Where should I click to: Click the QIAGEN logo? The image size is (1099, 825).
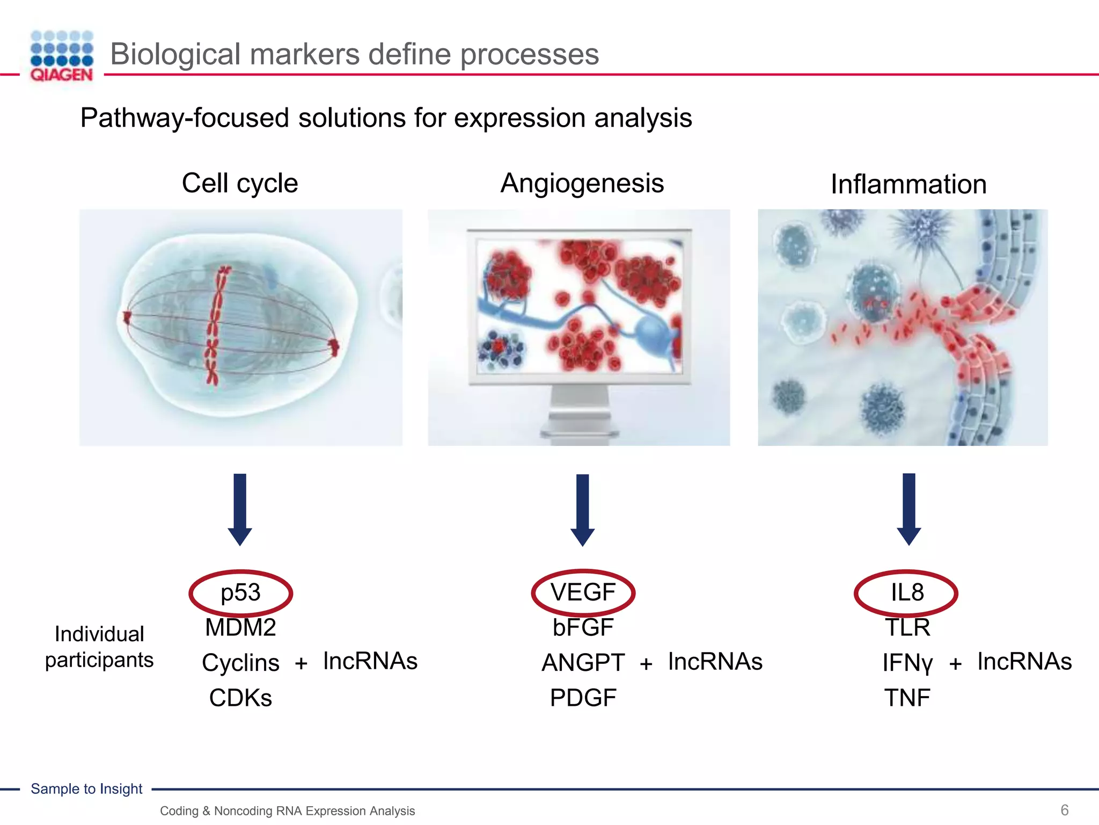coord(62,56)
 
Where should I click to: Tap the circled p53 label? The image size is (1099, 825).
coord(240,593)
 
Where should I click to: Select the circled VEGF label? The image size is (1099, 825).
coord(583,592)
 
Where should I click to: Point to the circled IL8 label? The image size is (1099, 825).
coord(907,593)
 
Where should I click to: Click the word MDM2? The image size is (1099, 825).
coord(240,627)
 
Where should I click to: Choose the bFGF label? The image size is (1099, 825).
coord(583,627)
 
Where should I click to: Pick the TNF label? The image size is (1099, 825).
coord(907,698)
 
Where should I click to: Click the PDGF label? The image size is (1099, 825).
coord(583,698)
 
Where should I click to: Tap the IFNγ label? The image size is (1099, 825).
coord(907,663)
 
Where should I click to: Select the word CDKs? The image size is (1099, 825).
coord(240,698)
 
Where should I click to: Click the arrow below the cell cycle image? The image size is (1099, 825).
coord(240,509)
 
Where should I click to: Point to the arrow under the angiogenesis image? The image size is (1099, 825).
coord(583,509)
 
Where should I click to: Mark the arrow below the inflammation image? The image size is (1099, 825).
coord(909,509)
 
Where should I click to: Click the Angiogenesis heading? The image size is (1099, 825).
coord(582,183)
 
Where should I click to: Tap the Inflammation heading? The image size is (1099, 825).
coord(908,184)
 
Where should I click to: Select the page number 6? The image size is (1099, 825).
coord(1065,809)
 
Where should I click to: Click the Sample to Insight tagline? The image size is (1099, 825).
coord(86,788)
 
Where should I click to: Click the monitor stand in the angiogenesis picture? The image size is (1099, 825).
coord(580,414)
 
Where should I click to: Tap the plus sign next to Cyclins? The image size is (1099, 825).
coord(301,663)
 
